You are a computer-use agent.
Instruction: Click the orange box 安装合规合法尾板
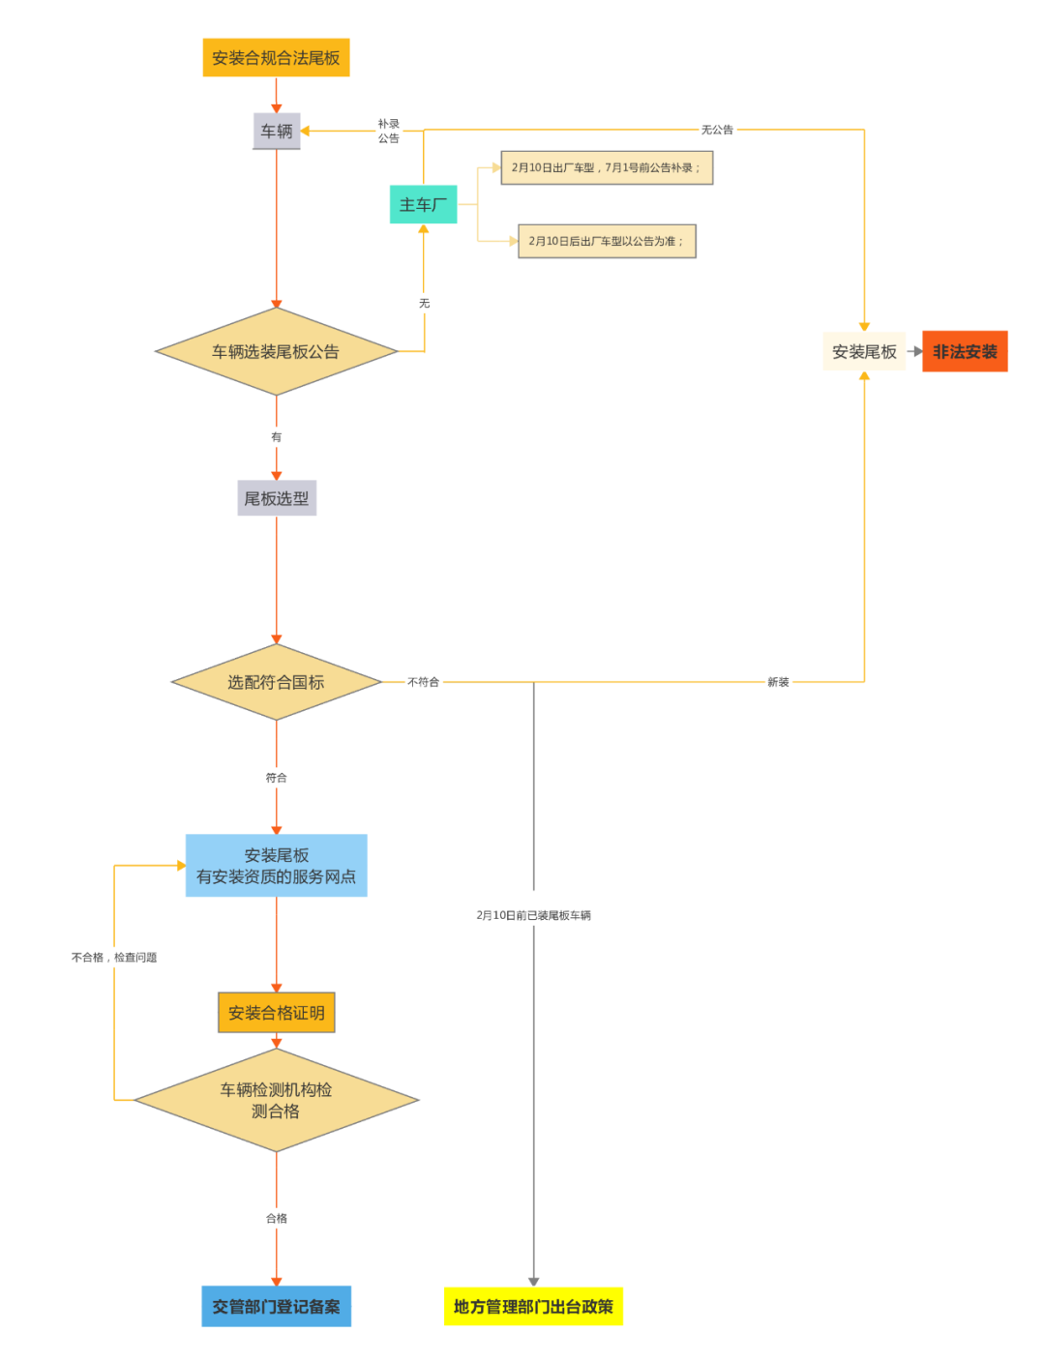[x=276, y=58]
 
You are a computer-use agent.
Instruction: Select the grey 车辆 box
[x=277, y=131]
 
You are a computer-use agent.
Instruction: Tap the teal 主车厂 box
[x=423, y=205]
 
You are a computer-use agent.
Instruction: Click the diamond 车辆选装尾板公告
[x=276, y=352]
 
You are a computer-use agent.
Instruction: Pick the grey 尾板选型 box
[x=277, y=498]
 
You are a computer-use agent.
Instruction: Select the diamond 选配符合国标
[x=276, y=682]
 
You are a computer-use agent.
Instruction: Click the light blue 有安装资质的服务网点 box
[x=276, y=866]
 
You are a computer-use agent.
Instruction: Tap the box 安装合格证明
[x=276, y=1013]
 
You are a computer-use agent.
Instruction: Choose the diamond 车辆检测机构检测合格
[x=276, y=1101]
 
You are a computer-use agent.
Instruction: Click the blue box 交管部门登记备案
[x=276, y=1307]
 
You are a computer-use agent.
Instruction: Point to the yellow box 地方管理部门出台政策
[x=533, y=1307]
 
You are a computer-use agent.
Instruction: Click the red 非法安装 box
[x=965, y=352]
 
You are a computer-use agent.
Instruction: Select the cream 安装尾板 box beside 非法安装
[x=864, y=352]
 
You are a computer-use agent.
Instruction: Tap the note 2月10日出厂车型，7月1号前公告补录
[x=607, y=167]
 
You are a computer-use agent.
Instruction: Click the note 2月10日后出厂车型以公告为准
[x=607, y=241]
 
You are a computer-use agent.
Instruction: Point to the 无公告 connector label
[x=717, y=130]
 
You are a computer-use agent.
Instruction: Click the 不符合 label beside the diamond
[x=423, y=682]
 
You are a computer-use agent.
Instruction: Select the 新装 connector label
[x=778, y=682]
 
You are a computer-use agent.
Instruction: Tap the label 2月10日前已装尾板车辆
[x=533, y=915]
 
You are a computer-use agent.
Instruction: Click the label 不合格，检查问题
[x=114, y=958]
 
